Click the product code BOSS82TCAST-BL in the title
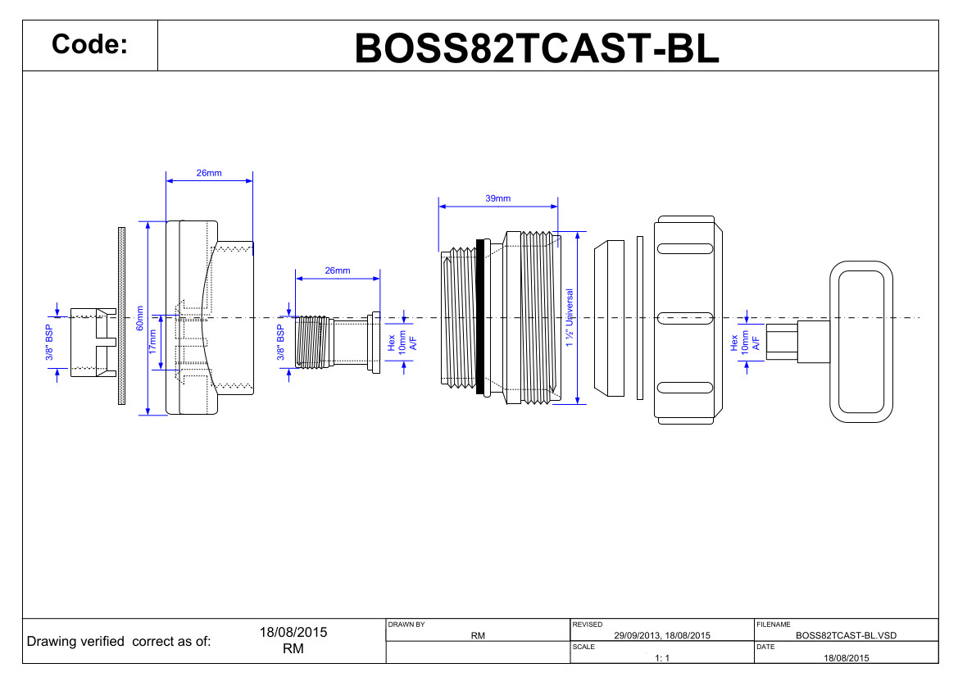537,48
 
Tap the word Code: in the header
89,45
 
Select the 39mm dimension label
497,198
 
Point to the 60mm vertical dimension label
140,318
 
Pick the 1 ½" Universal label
570,318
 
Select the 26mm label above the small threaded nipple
337,270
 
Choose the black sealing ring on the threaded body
480,317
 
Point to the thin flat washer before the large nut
640,318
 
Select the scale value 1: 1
662,658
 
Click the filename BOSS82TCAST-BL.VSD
846,635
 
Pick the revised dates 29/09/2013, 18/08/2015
661,635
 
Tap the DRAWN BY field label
406,625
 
